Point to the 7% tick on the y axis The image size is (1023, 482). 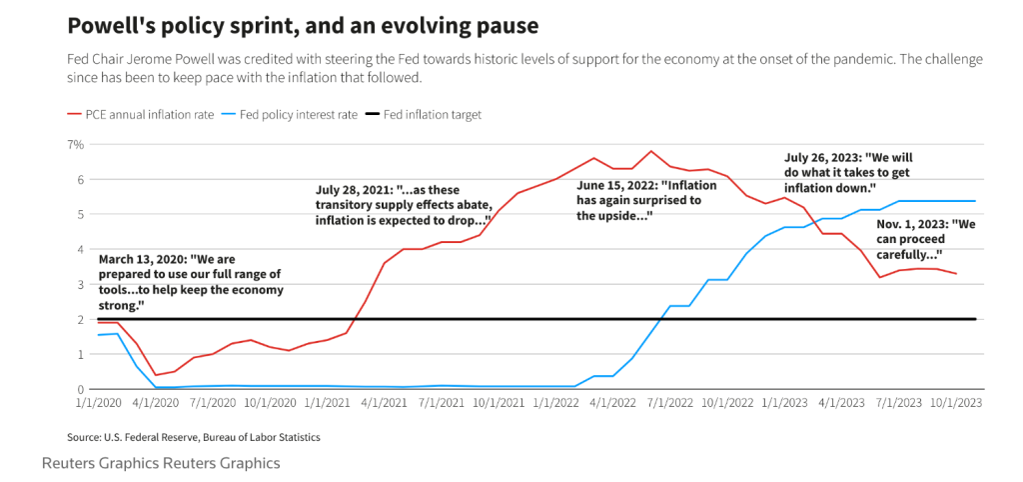[75, 145]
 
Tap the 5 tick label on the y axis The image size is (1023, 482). [79, 215]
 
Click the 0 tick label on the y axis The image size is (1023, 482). [79, 390]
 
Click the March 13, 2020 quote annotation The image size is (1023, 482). [191, 282]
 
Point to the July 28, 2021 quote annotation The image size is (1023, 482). [403, 205]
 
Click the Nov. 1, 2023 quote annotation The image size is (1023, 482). [925, 239]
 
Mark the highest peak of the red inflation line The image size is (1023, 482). [650, 152]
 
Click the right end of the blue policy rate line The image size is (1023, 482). [975, 201]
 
